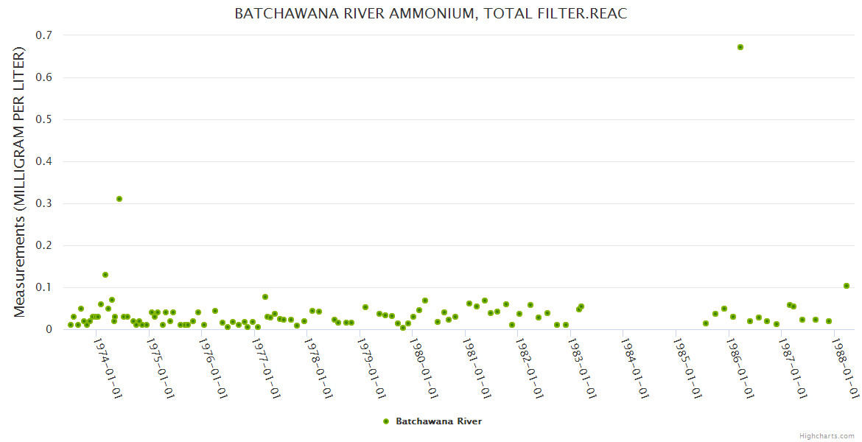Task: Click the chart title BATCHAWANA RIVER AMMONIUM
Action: pyautogui.click(x=431, y=13)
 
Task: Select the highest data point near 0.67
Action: pyautogui.click(x=740, y=47)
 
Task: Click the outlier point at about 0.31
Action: pyautogui.click(x=119, y=199)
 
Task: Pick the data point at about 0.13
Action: pyautogui.click(x=105, y=275)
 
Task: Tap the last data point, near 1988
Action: pyautogui.click(x=847, y=286)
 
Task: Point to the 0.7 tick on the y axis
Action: pyautogui.click(x=46, y=35)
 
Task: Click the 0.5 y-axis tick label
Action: pyautogui.click(x=46, y=119)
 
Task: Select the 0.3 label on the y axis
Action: pyautogui.click(x=46, y=203)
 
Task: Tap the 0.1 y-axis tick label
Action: pyautogui.click(x=46, y=287)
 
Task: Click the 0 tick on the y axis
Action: pyautogui.click(x=50, y=329)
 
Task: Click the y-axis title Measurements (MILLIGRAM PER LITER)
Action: pyautogui.click(x=20, y=182)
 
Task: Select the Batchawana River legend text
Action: pyautogui.click(x=438, y=421)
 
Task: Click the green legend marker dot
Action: pyautogui.click(x=385, y=421)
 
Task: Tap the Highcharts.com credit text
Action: pyautogui.click(x=827, y=436)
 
